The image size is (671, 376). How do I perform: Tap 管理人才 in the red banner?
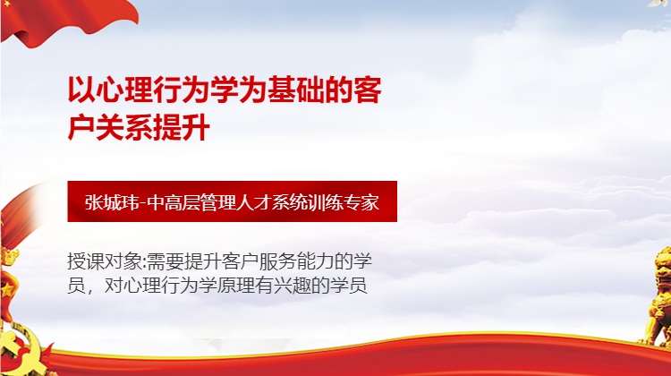238,201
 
